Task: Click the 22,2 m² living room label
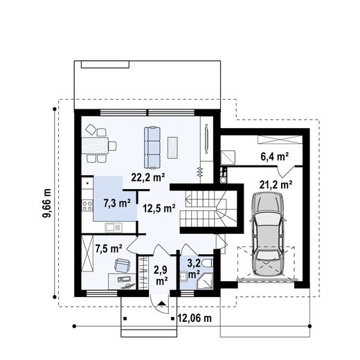(x=148, y=177)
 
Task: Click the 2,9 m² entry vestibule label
(x=161, y=276)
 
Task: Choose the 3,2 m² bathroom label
(x=195, y=268)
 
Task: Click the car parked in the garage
(x=268, y=233)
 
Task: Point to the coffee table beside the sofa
(x=173, y=145)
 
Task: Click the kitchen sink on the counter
(x=114, y=227)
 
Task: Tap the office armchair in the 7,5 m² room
(x=122, y=264)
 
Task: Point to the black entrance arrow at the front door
(x=161, y=303)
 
